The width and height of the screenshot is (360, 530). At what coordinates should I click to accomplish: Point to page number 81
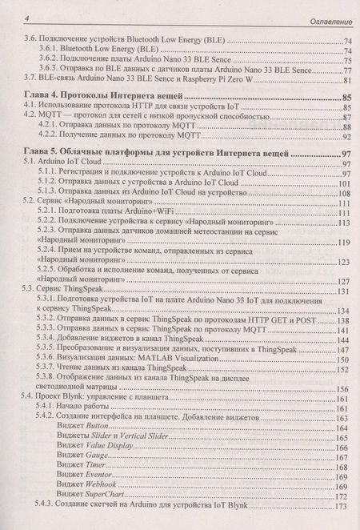coord(347,80)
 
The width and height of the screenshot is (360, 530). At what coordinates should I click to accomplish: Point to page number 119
coord(345,243)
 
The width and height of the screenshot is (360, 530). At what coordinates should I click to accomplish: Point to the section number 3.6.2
coord(47,59)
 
